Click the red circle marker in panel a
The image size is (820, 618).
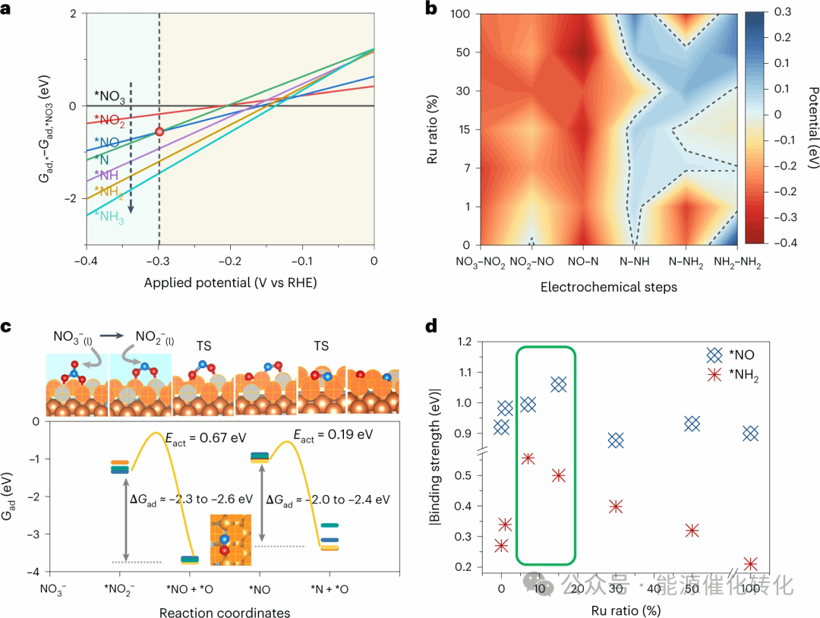pyautogui.click(x=159, y=131)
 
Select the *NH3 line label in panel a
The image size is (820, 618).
pyautogui.click(x=111, y=217)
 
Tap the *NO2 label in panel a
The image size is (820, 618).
pyautogui.click(x=109, y=121)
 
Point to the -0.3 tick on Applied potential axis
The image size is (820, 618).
pyautogui.click(x=158, y=261)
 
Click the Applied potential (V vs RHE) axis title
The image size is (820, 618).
pyautogui.click(x=229, y=282)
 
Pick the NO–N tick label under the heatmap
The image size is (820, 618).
pyautogui.click(x=583, y=263)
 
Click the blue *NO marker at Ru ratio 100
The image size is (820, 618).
pyautogui.click(x=751, y=433)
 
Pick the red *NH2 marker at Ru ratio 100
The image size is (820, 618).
pyautogui.click(x=751, y=564)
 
